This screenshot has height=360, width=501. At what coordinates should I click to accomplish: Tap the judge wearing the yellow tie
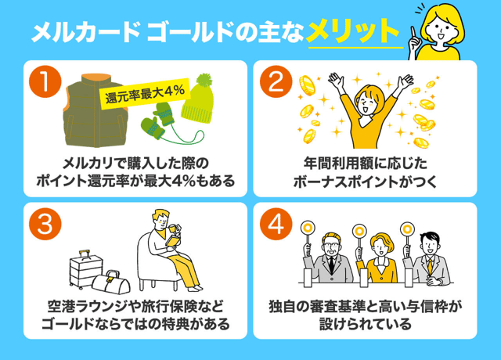coord(427,258)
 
